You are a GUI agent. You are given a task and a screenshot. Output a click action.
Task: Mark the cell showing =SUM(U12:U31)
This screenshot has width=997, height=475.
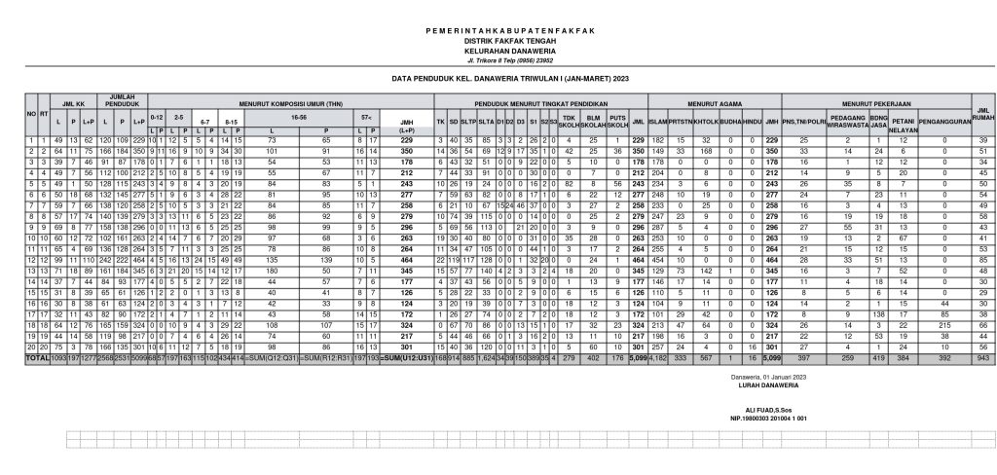pyautogui.click(x=407, y=359)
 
